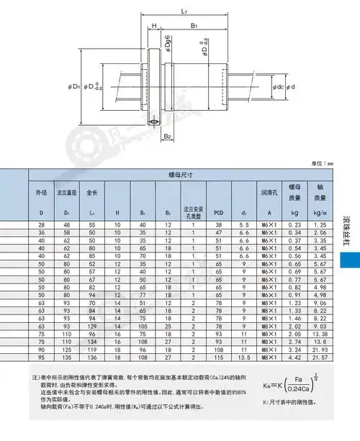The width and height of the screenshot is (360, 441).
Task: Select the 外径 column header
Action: pyautogui.click(x=40, y=194)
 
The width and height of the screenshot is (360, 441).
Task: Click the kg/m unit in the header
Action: pyautogui.click(x=319, y=213)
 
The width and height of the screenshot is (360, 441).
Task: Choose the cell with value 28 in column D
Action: pyautogui.click(x=40, y=226)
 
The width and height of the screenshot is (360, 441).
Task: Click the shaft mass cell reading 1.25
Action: pyautogui.click(x=319, y=226)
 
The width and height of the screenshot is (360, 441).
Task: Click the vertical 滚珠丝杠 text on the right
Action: pyautogui.click(x=346, y=229)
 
